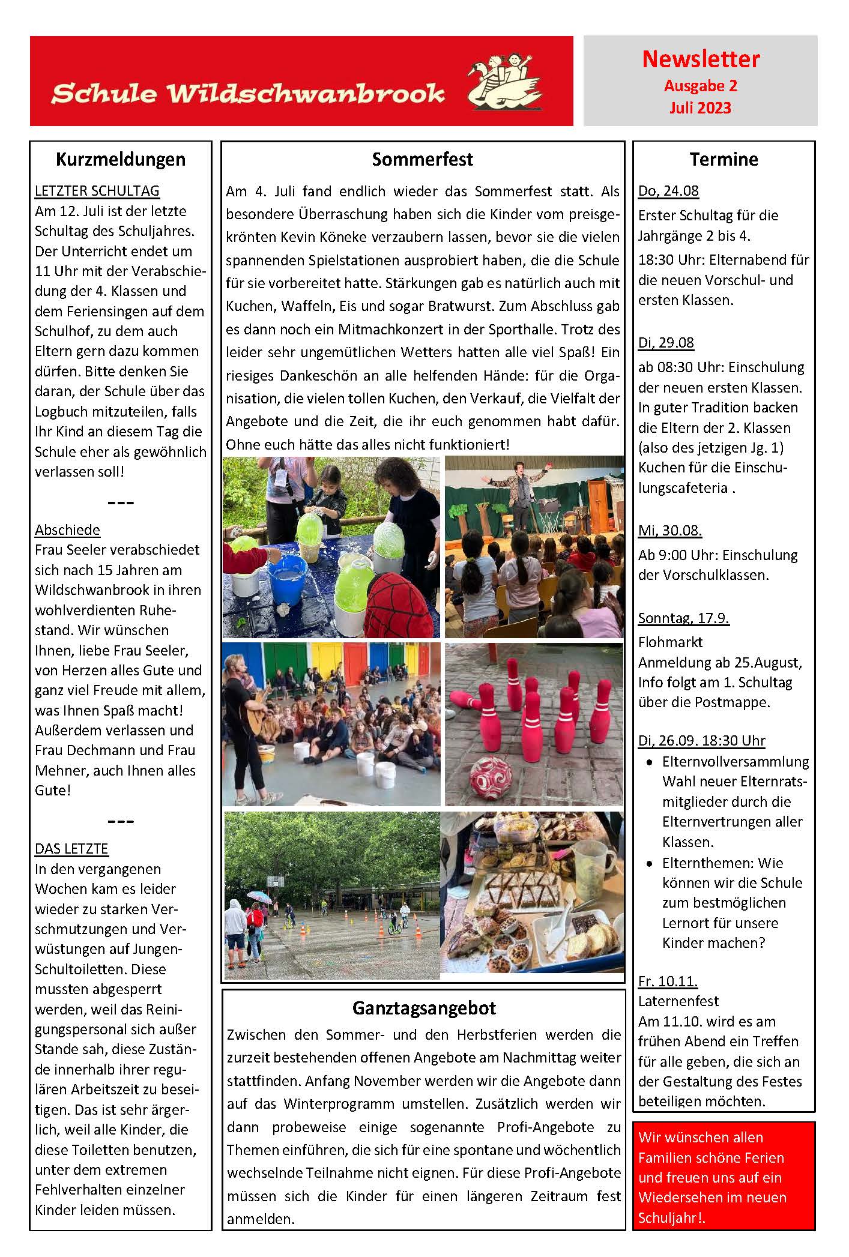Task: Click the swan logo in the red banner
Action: click(504, 82)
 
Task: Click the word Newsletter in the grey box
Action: click(701, 59)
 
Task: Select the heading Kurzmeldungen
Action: click(120, 159)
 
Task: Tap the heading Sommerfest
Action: click(422, 159)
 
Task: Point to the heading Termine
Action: click(724, 159)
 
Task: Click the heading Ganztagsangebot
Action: click(424, 1007)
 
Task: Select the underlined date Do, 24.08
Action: click(668, 191)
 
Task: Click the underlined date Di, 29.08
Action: click(666, 343)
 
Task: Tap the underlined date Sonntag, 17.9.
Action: click(683, 618)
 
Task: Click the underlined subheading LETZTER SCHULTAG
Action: click(97, 191)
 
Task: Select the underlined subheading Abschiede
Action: click(67, 529)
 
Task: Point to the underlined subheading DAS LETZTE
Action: click(71, 848)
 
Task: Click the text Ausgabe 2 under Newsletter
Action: click(700, 86)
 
